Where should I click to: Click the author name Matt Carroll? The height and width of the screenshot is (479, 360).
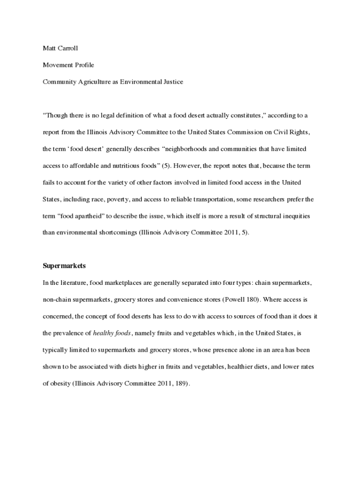tap(60, 48)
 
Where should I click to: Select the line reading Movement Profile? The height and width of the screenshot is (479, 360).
tap(68, 65)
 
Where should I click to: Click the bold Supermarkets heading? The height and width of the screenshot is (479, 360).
tap(64, 266)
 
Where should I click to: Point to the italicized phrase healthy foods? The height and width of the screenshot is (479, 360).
tap(112, 333)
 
